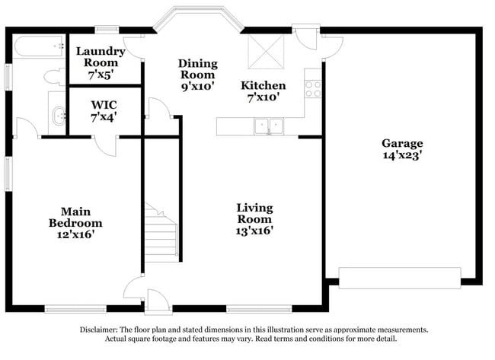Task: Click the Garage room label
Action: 402,143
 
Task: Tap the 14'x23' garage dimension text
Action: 402,155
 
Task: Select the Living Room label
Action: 254,213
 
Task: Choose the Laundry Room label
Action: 101,57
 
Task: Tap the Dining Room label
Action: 197,69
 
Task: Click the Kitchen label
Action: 263,85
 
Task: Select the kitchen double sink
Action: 267,126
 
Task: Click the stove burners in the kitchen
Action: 313,88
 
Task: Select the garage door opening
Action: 399,277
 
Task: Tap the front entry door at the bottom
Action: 157,301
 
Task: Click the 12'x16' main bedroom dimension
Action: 75,235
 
